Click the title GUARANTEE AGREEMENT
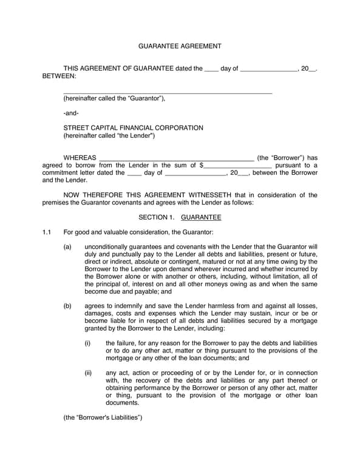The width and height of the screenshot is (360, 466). point(180,46)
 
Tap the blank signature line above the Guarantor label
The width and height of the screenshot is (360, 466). point(168,93)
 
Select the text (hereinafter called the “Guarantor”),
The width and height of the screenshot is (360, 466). point(114,98)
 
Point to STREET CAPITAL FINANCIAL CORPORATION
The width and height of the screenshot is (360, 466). point(134,128)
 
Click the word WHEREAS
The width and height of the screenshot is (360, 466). point(80,157)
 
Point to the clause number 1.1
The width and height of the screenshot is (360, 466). point(47,232)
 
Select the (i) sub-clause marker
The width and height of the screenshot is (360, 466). point(87,343)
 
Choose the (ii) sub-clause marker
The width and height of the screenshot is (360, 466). point(88,373)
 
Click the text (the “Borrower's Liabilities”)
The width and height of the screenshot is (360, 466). point(103,417)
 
